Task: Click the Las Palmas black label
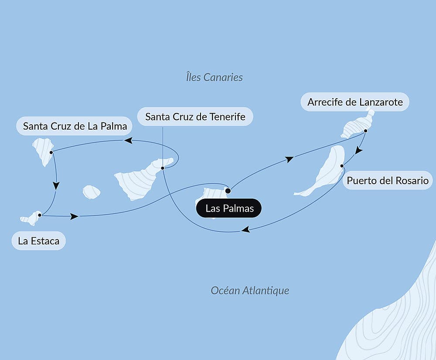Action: (229, 208)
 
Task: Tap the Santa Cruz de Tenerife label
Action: (195, 117)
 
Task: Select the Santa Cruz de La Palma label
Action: (75, 127)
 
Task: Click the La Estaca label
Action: (39, 241)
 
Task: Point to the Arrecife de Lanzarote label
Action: (354, 102)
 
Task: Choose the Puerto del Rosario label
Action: (388, 180)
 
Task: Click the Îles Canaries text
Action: (214, 77)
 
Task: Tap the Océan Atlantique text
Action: (250, 290)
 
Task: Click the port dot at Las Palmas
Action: (228, 191)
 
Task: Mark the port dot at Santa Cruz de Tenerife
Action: (162, 168)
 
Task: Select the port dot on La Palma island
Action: (51, 152)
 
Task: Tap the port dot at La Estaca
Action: (40, 215)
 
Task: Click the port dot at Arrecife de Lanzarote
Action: (365, 130)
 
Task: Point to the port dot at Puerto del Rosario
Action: (342, 165)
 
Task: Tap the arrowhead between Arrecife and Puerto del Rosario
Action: (358, 151)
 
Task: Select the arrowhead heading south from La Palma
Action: (56, 185)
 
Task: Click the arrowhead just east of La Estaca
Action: (75, 216)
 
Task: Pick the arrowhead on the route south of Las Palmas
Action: (245, 230)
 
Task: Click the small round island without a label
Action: (92, 192)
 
